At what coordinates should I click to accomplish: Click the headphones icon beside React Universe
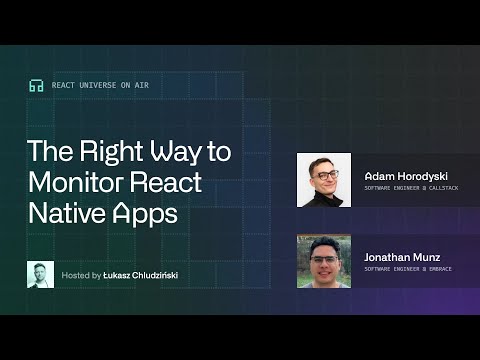[x=36, y=86]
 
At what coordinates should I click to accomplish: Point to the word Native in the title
[x=62, y=214]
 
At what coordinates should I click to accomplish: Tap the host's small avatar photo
[x=40, y=274]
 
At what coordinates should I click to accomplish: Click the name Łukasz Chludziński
[x=142, y=274]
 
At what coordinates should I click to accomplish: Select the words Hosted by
[x=81, y=274]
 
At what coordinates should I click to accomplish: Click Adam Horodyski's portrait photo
[x=324, y=179]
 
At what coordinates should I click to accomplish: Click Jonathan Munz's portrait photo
[x=324, y=261]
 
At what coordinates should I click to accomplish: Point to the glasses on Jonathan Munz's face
[x=323, y=260]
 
